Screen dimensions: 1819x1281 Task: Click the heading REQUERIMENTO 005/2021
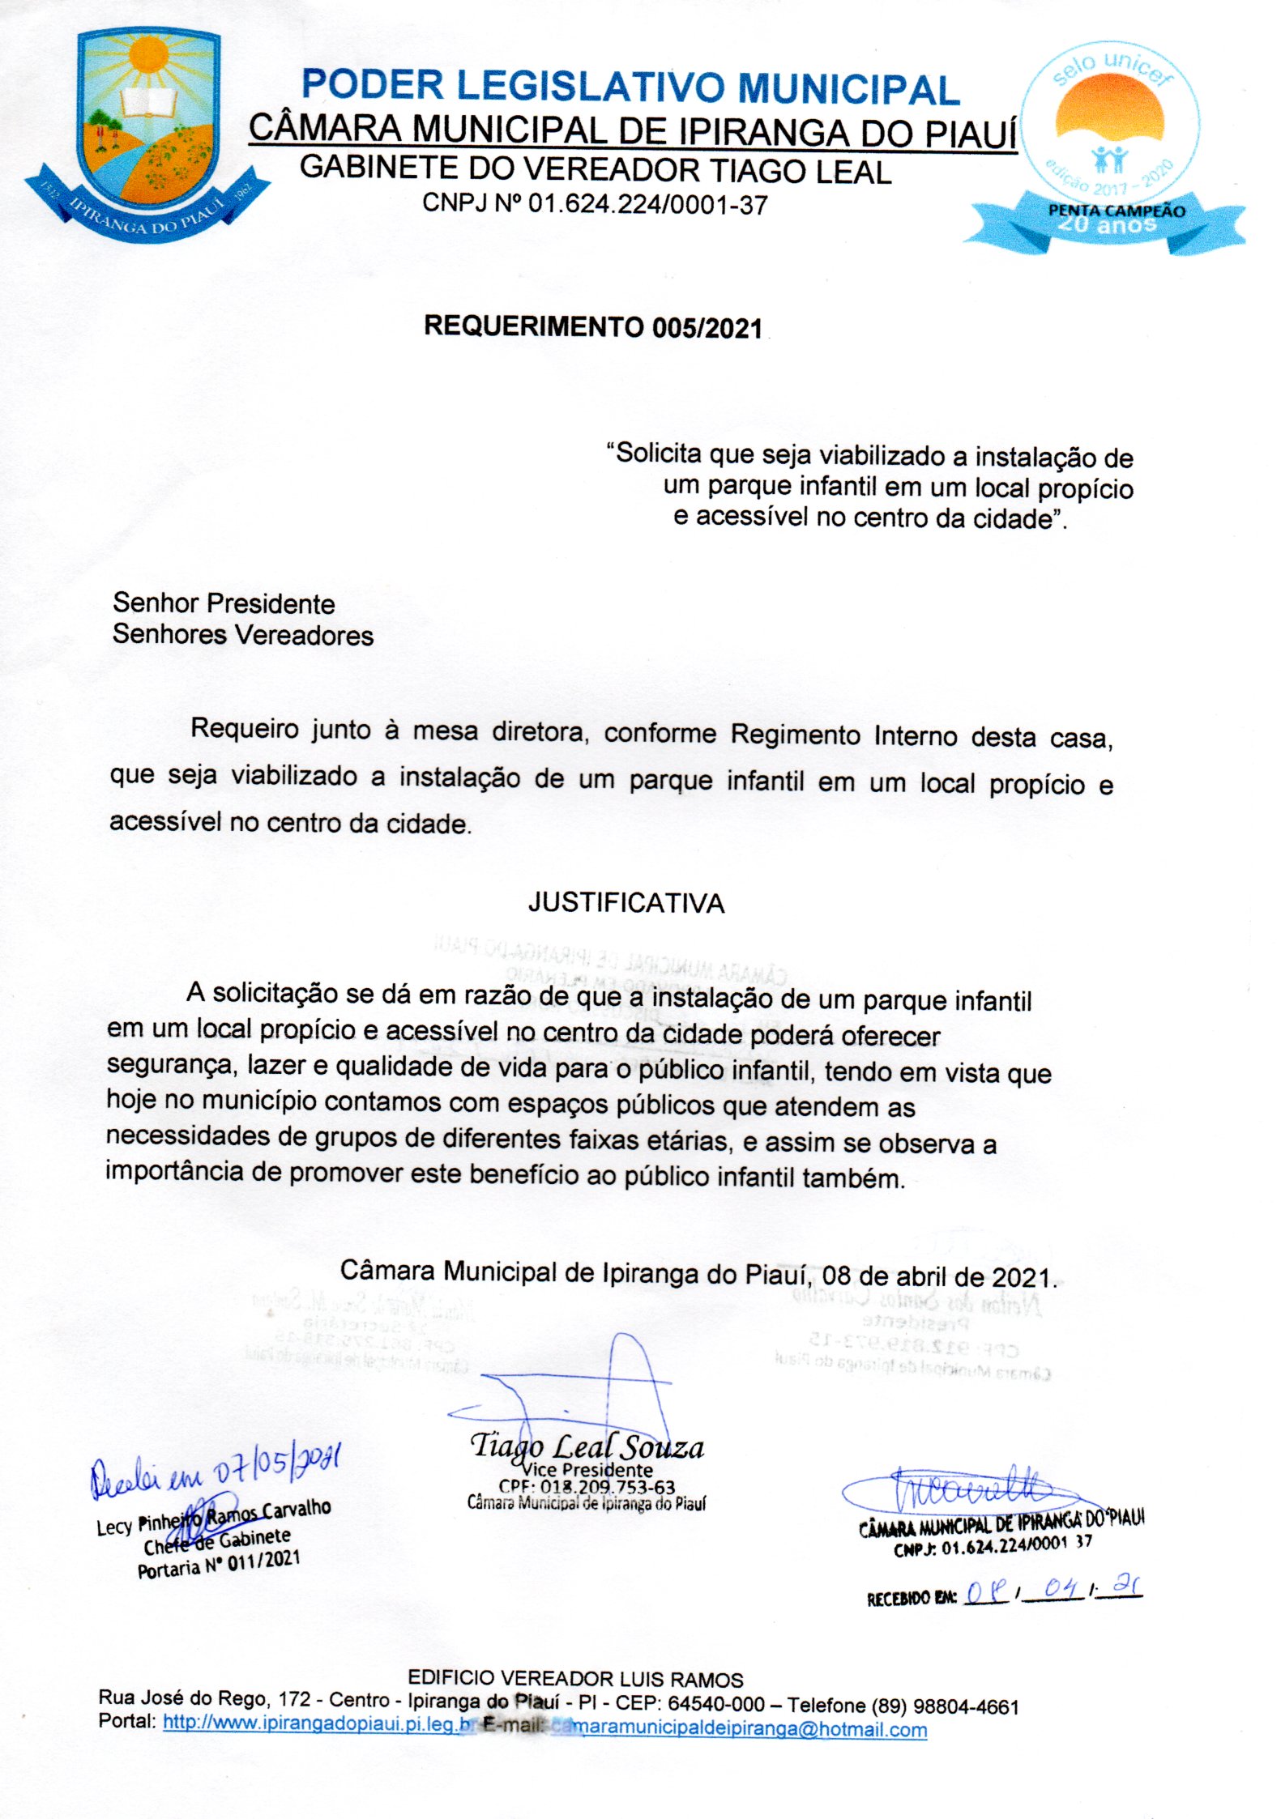[x=593, y=327]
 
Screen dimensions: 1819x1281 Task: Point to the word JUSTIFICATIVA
[x=626, y=903]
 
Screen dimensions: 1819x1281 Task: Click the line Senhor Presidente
[x=224, y=603]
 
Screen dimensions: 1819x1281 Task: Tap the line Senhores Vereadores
[x=243, y=635]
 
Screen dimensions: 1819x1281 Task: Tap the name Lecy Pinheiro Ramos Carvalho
[x=214, y=1518]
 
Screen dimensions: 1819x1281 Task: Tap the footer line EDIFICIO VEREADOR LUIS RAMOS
[x=575, y=1678]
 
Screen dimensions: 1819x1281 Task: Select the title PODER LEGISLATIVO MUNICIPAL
[x=630, y=87]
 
